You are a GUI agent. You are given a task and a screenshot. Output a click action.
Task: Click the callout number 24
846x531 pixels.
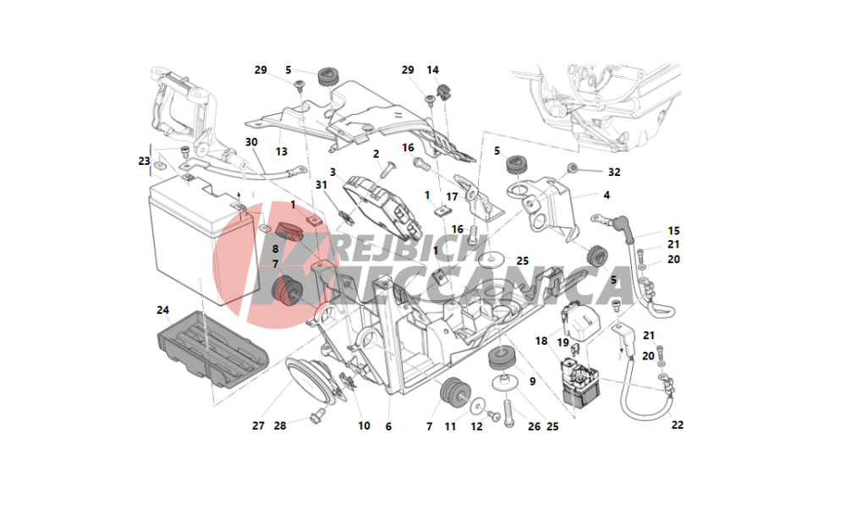(x=163, y=310)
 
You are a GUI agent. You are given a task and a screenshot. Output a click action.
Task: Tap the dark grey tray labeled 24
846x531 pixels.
(x=212, y=350)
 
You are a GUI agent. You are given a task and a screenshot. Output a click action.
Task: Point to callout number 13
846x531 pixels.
(x=282, y=151)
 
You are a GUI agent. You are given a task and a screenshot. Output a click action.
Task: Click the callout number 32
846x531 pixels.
(x=614, y=172)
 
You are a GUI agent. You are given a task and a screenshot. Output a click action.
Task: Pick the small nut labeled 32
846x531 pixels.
(x=573, y=169)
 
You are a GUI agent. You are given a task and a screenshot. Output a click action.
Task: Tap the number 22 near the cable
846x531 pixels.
(x=678, y=424)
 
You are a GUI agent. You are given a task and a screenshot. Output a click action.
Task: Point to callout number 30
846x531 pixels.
(x=251, y=142)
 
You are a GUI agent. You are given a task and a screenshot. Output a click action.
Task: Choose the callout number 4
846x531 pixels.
(x=607, y=194)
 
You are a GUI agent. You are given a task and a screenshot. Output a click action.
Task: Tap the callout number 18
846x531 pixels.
(x=541, y=341)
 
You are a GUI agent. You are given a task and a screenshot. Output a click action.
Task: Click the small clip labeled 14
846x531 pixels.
(x=443, y=92)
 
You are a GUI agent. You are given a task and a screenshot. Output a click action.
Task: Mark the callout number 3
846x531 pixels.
(x=332, y=172)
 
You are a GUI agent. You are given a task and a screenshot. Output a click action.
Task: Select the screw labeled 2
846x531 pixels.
(x=387, y=169)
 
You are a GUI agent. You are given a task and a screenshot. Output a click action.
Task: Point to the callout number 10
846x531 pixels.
(x=364, y=426)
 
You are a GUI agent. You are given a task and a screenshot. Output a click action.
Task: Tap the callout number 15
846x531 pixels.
(x=674, y=231)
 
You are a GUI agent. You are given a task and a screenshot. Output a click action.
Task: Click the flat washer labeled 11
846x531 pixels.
(x=477, y=407)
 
